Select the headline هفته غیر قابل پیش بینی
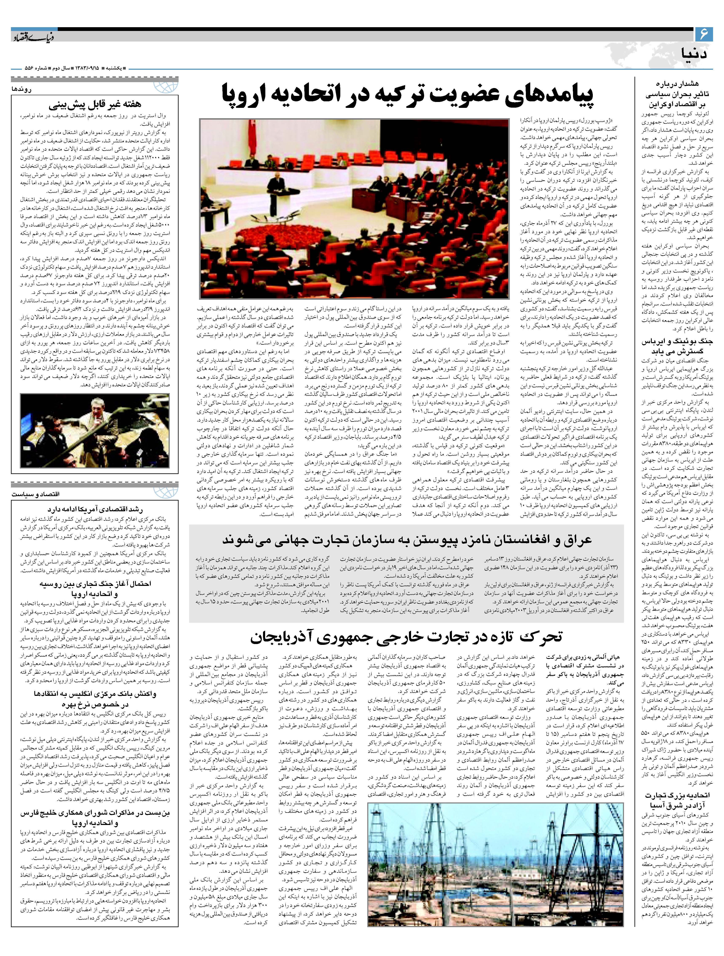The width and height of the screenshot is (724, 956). tap(95, 104)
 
